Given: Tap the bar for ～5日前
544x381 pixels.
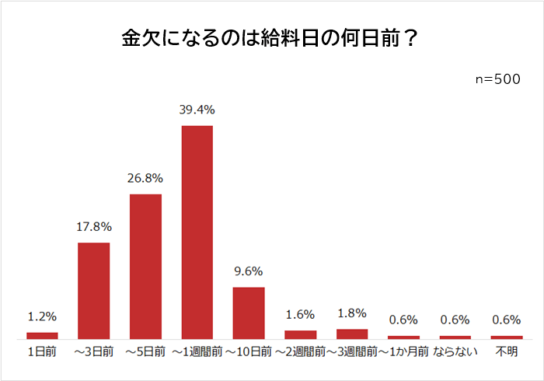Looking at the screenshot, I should coord(145,266).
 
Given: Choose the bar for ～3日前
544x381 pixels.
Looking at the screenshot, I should coord(94,291).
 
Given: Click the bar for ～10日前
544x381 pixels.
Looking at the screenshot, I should coord(249,313).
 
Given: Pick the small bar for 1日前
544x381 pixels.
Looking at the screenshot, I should coord(42,336).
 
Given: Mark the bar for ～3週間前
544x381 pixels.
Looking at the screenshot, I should coord(352,334).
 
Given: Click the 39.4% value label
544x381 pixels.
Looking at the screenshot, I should coord(197,110).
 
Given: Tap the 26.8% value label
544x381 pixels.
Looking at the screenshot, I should coord(145,178).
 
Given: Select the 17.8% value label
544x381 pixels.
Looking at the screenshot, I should coord(94,227).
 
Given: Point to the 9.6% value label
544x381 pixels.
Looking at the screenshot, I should coord(249,271).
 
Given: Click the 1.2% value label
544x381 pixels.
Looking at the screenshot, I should coord(42,316).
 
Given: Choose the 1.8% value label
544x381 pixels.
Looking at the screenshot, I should coord(352,313).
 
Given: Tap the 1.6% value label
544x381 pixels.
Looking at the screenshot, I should coord(300,314).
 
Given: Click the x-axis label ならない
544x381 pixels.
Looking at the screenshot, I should coord(455,352).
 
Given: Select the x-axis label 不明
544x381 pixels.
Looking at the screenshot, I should coord(506,352).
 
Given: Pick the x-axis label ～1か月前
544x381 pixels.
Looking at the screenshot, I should coord(403,352).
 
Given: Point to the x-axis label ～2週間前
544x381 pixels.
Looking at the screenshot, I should coord(300,352).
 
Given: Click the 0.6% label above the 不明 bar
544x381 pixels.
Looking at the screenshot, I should coord(506,320).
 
